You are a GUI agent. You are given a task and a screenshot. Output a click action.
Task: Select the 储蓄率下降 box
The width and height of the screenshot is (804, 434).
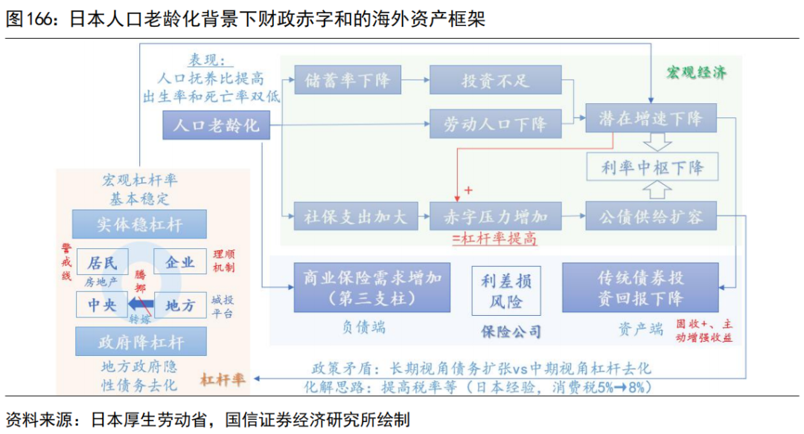tap(347, 80)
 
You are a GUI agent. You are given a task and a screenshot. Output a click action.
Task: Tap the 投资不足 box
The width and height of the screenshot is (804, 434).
tap(495, 80)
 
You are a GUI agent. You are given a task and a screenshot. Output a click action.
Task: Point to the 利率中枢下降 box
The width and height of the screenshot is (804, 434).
tap(652, 167)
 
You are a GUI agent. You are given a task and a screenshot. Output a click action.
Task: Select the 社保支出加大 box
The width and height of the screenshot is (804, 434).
tap(346, 216)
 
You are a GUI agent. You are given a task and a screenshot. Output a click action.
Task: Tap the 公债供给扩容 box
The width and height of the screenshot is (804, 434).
tap(651, 216)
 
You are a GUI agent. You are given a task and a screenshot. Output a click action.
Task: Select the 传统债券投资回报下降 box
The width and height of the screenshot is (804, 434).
tap(641, 288)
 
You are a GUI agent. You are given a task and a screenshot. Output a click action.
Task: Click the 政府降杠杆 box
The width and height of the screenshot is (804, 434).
tap(140, 343)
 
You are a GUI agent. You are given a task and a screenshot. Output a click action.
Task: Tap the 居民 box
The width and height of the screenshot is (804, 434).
tap(103, 262)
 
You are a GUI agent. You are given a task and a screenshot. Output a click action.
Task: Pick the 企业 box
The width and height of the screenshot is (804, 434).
tap(179, 262)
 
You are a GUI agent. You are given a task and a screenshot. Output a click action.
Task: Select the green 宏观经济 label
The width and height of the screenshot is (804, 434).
tap(695, 72)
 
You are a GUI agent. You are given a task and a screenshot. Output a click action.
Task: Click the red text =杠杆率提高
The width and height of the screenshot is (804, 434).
tap(494, 239)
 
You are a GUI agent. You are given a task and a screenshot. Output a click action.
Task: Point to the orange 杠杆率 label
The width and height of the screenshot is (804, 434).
tap(223, 379)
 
